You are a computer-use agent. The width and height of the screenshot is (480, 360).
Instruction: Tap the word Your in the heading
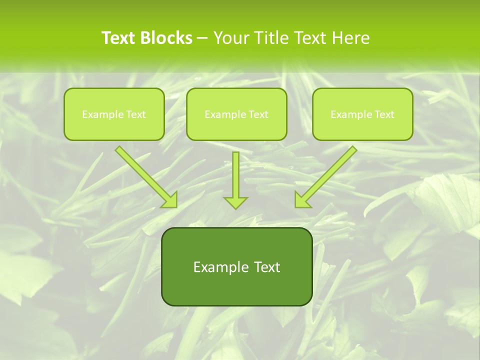coord(231,38)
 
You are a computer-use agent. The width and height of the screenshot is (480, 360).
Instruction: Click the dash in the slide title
coord(202,38)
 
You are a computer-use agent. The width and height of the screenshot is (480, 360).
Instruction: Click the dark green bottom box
coord(236,290)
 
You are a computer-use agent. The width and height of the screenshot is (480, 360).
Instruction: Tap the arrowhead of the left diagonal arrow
coord(170,200)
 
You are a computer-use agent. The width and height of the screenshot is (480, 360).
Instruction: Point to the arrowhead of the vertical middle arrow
coord(235,202)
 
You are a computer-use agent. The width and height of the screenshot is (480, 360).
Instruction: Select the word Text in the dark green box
coord(266,267)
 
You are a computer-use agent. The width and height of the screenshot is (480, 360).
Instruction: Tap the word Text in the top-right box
coord(384,114)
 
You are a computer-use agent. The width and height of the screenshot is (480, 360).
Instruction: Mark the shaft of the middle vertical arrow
coord(235,172)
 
